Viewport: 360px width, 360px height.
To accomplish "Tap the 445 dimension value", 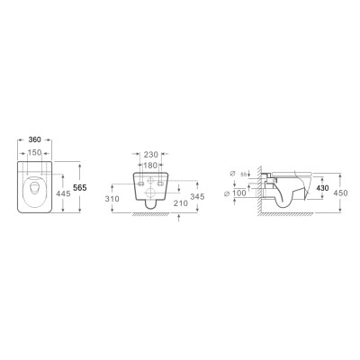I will click(63, 192).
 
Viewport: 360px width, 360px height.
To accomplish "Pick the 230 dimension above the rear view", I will click(151, 155).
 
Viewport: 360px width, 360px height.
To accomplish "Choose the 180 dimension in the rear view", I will click(151, 166).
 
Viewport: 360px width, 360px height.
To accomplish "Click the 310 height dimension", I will click(112, 198).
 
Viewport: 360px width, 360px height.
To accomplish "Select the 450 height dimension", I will click(341, 192).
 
